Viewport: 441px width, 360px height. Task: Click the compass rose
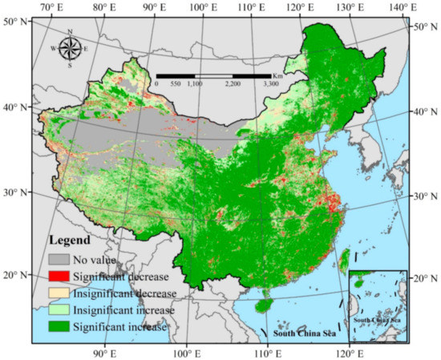tap(70, 47)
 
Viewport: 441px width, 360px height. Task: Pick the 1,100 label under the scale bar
tap(195, 83)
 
